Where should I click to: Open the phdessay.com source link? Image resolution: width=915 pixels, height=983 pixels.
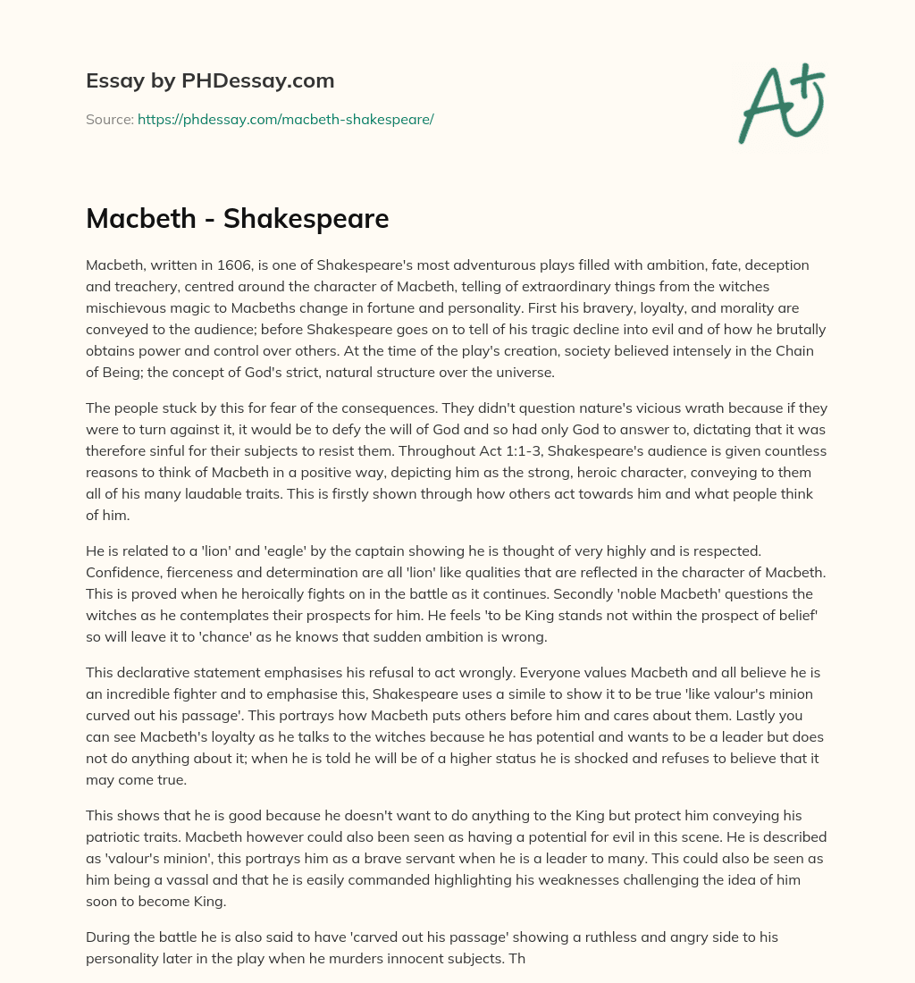(285, 119)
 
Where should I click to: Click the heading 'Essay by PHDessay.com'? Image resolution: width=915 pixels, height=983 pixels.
(210, 80)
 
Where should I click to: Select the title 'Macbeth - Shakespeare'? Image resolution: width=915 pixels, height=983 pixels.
(237, 219)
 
